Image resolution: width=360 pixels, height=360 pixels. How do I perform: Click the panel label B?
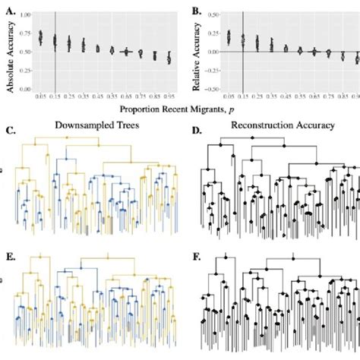click(x=195, y=10)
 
